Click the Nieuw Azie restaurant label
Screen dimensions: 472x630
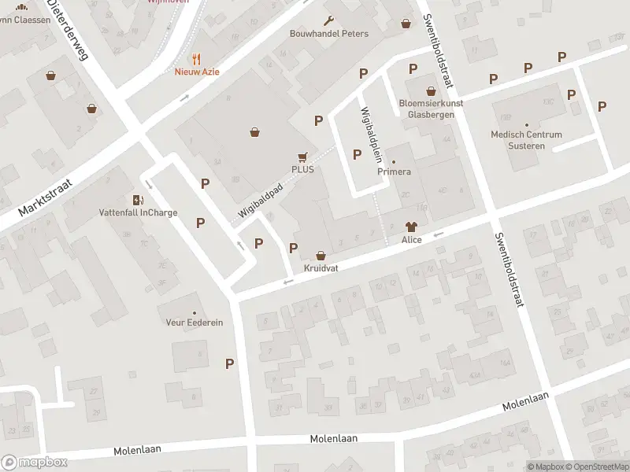(197, 72)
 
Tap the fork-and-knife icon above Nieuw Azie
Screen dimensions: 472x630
(197, 58)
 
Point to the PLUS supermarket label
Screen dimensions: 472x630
(302, 169)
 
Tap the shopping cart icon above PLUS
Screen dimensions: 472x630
(302, 157)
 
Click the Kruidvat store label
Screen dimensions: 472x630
(321, 268)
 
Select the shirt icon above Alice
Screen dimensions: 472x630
(411, 227)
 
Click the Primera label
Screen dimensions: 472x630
(395, 171)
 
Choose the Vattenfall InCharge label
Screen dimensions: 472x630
(138, 212)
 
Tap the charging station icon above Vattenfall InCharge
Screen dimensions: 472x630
(138, 200)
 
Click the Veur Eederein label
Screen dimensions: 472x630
(195, 323)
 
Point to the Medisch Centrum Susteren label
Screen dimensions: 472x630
(526, 139)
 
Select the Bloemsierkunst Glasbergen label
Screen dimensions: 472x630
(430, 109)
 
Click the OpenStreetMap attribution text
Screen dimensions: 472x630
(596, 467)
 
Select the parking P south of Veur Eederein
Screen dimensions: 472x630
(230, 363)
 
